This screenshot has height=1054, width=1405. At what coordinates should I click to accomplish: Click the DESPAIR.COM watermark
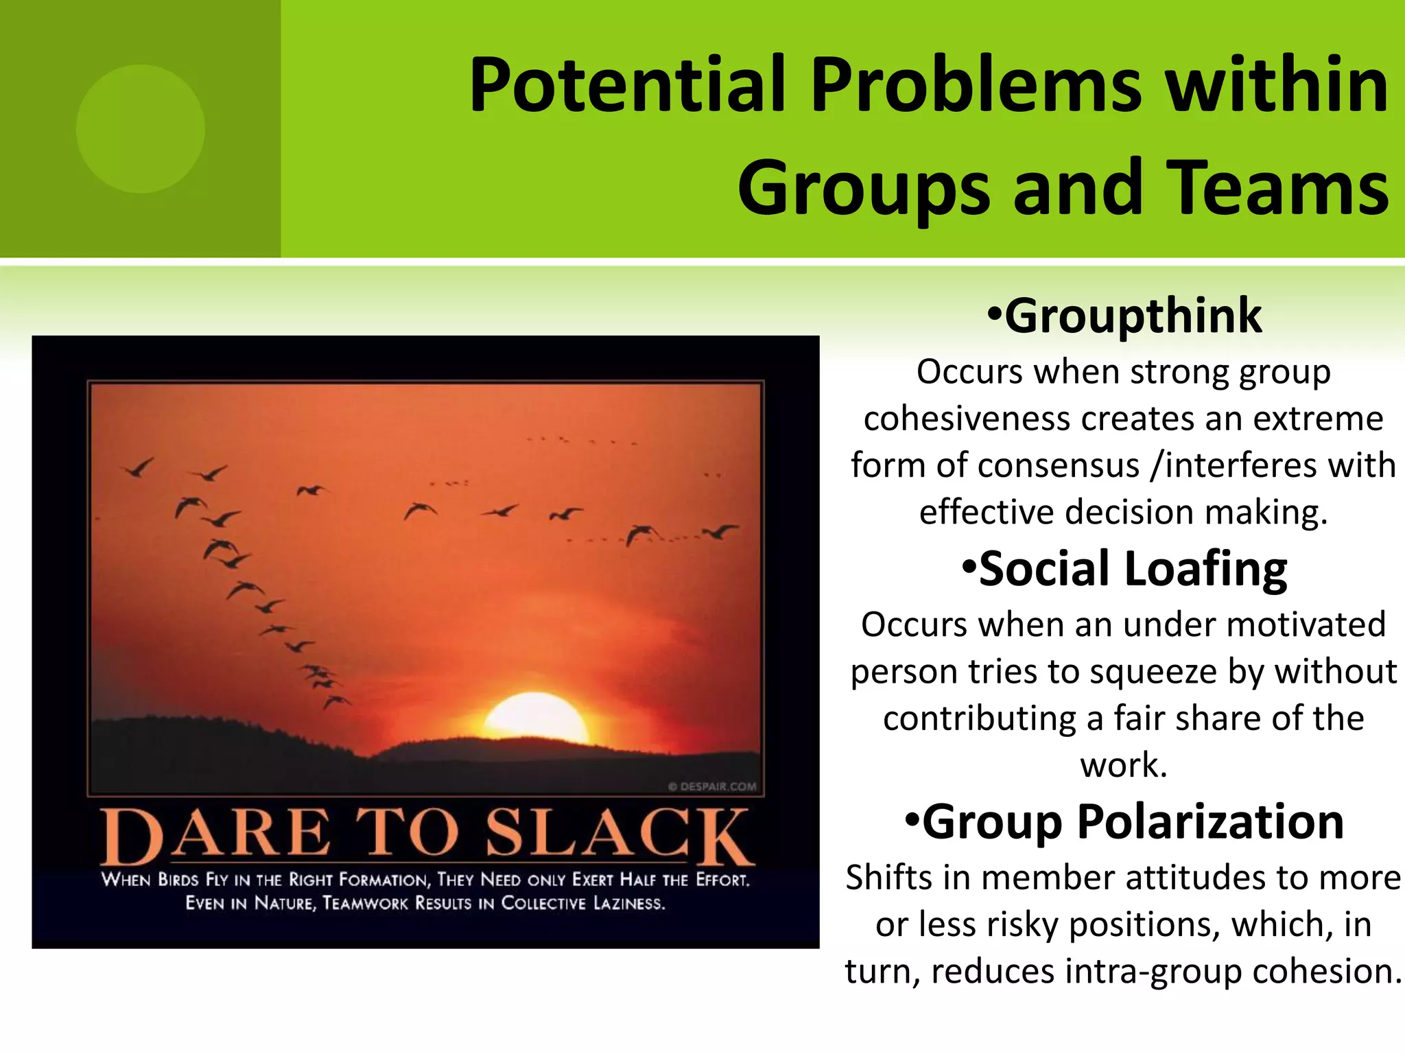(713, 786)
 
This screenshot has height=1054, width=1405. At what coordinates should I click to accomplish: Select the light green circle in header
(141, 129)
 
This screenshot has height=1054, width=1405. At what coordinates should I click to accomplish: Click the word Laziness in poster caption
(628, 903)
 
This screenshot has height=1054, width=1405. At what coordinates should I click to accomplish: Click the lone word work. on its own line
(1124, 765)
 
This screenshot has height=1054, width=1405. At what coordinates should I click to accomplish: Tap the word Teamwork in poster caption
(365, 903)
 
